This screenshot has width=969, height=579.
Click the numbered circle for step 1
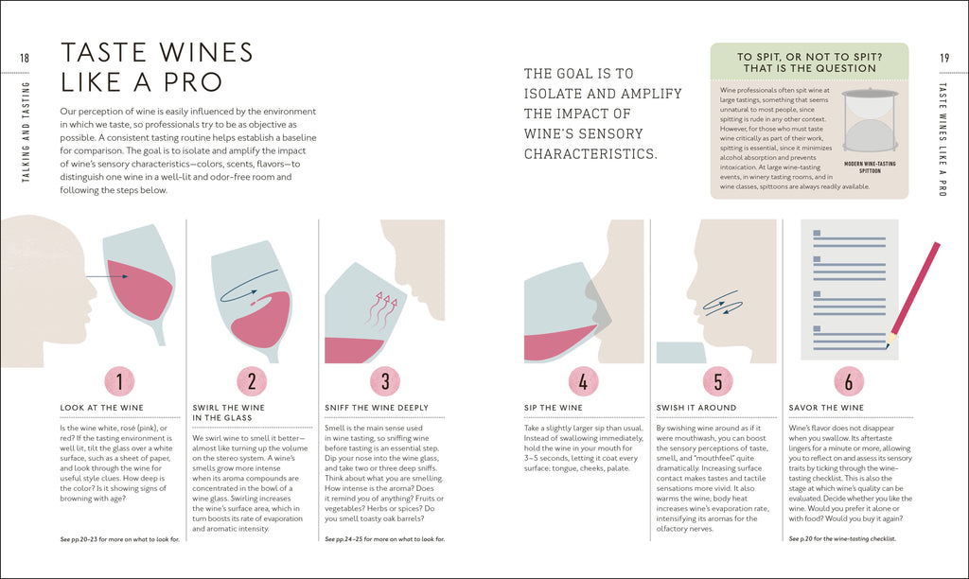click(119, 381)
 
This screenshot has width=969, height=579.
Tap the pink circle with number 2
click(252, 381)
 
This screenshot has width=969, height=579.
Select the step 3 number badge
click(385, 381)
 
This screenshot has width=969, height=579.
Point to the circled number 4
click(583, 381)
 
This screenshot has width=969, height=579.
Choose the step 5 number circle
click(717, 381)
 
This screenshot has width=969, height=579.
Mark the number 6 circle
click(849, 381)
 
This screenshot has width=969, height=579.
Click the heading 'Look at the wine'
click(101, 408)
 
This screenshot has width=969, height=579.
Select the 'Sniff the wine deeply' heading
click(377, 408)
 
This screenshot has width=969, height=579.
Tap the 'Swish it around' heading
click(696, 408)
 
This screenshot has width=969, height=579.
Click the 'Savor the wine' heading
click(826, 408)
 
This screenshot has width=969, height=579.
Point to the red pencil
click(913, 295)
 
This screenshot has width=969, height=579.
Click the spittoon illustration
click(871, 121)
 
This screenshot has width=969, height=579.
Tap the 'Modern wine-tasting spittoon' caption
click(870, 167)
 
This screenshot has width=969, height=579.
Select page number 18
click(25, 58)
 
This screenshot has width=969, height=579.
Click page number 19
click(944, 58)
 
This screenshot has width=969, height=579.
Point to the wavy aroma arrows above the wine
click(381, 309)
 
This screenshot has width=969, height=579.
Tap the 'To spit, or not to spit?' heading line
click(810, 56)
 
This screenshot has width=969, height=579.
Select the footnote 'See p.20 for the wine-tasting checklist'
click(842, 539)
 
